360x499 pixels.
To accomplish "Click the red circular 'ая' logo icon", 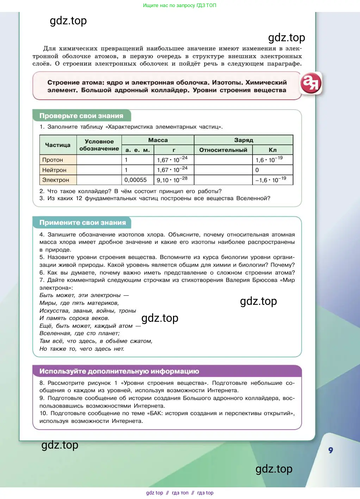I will click(x=311, y=83).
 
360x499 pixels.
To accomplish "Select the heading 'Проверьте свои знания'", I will click(x=81, y=116).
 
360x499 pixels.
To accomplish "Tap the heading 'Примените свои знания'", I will click(x=82, y=223).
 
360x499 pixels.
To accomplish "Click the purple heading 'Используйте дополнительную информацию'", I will click(x=119, y=371).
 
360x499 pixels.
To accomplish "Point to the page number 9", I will click(x=330, y=450).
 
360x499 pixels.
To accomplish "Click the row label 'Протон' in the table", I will click(x=52, y=160).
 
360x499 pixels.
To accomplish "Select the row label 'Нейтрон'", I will click(x=54, y=170).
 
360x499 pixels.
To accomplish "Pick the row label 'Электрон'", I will click(x=56, y=180).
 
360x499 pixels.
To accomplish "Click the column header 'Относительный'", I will click(x=223, y=150).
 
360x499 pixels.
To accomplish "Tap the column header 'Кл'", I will click(x=273, y=150).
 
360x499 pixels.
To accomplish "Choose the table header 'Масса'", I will click(x=158, y=140).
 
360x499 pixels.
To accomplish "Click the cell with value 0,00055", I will click(x=136, y=180).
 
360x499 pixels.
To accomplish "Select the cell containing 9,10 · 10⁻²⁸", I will click(x=172, y=180).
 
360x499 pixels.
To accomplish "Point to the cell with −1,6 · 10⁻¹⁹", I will click(x=271, y=180).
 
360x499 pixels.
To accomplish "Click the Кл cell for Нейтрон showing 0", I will click(x=257, y=170).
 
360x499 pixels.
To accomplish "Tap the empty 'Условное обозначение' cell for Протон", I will click(x=99, y=160).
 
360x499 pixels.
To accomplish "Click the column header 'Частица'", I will click(x=58, y=145).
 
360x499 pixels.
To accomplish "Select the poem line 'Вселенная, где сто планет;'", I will click(x=80, y=333).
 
